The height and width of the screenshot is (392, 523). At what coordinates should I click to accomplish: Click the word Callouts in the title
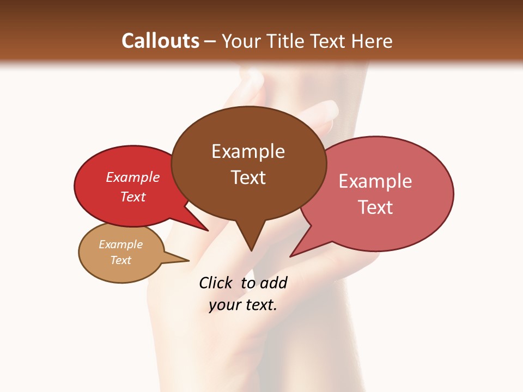click(160, 41)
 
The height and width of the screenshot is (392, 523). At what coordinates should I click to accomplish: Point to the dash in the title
click(211, 41)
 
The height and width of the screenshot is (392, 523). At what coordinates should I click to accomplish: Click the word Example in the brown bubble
click(248, 151)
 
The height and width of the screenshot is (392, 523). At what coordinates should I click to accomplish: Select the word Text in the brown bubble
click(248, 177)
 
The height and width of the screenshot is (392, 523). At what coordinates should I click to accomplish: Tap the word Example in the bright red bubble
click(133, 177)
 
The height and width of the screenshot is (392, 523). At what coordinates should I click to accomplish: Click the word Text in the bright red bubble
click(133, 197)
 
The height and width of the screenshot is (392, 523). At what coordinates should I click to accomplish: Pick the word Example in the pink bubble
click(375, 181)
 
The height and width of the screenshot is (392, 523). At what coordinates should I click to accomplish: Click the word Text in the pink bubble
click(375, 207)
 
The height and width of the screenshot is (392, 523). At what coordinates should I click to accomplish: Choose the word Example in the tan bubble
click(120, 244)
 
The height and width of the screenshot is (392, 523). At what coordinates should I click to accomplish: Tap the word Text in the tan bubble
click(120, 260)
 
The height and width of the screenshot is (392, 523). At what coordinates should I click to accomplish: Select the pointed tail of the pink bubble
click(293, 255)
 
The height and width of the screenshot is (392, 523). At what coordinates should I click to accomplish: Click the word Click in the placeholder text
click(215, 283)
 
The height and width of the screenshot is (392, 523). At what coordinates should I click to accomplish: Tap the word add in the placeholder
click(273, 283)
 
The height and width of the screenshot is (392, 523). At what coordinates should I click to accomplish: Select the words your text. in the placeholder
click(243, 305)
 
